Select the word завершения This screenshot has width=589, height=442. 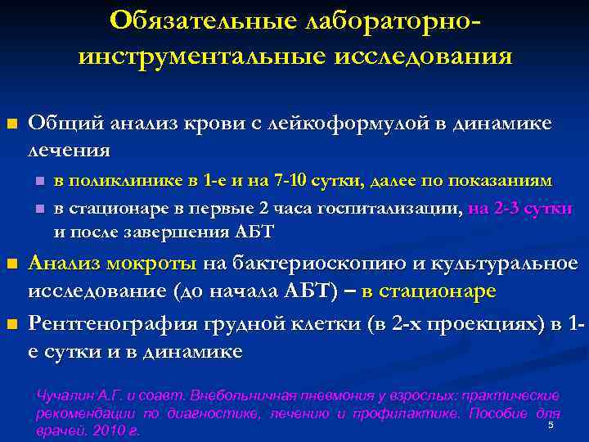(x=179, y=232)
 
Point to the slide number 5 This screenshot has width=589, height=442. (x=551, y=425)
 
